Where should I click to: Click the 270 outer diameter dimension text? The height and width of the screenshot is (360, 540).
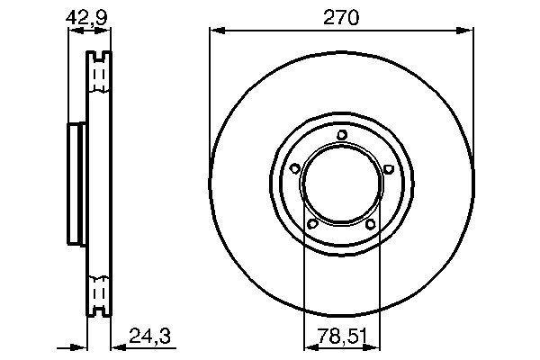coord(342,16)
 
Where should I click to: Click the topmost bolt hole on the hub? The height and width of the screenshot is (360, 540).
coord(342,136)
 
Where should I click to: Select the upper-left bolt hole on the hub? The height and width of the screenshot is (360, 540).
coord(295,168)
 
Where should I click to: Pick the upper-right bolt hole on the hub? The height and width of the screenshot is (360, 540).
coord(388,168)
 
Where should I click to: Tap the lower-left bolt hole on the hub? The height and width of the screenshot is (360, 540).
coord(313,224)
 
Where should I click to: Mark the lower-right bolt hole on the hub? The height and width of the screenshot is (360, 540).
coord(371,224)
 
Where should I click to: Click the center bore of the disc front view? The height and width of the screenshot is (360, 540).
coord(342,184)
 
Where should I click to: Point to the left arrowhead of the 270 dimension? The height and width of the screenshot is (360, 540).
coord(215,32)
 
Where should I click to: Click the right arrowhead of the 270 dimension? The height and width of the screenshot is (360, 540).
coord(468,32)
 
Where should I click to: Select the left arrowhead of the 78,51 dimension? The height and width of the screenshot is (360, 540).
coord(309,345)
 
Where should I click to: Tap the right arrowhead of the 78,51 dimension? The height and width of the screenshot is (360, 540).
coord(375,345)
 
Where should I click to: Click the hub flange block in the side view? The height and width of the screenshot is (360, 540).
coord(76,184)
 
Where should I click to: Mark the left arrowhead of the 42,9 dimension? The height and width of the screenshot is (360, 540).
coord(74,32)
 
